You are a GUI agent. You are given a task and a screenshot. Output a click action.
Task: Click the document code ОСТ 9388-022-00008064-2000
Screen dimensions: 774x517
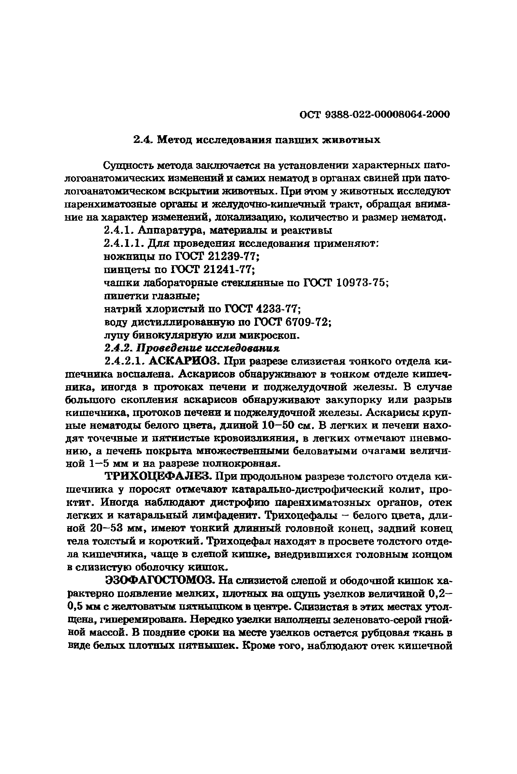375,114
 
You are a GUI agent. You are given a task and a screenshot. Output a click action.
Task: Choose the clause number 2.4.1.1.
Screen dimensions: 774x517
124,243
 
